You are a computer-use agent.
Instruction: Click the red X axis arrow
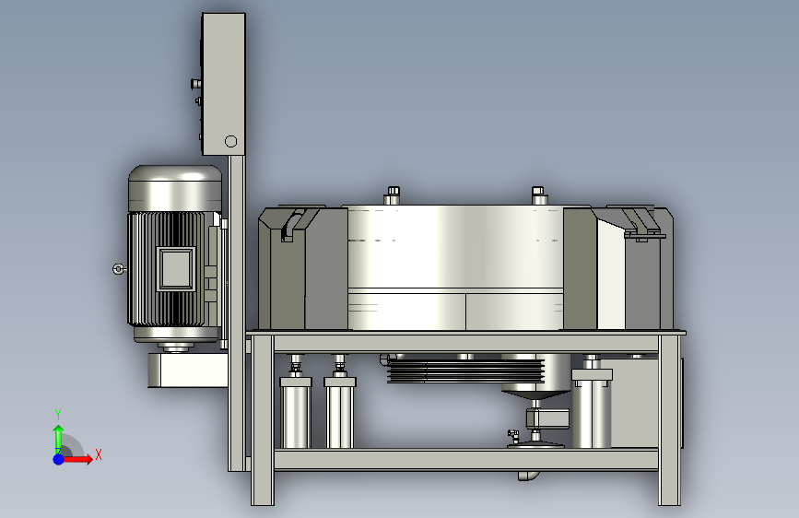[x=76, y=459]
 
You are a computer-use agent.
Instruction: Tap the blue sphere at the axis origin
[x=59, y=459]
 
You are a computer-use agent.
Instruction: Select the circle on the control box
[x=230, y=141]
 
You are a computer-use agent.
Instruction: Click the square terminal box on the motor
[x=176, y=269]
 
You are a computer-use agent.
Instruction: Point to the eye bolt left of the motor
[x=119, y=269]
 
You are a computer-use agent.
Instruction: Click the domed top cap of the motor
[x=175, y=188]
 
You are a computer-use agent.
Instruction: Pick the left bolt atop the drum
[x=392, y=195]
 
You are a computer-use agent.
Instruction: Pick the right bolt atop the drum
[x=538, y=195]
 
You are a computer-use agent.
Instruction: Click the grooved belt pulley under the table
[x=465, y=371]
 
